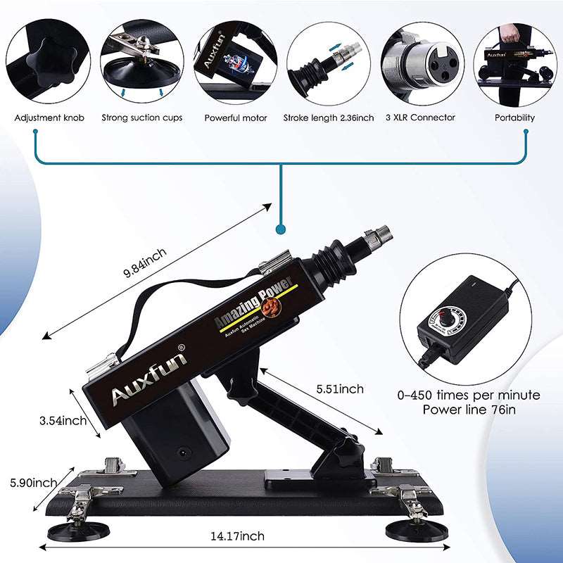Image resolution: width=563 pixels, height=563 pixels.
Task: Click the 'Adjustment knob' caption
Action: (49, 118)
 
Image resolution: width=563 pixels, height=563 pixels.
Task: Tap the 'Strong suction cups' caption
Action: (141, 118)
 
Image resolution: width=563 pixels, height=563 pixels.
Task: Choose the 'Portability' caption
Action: (515, 118)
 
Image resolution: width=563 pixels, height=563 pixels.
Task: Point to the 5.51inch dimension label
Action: (340, 389)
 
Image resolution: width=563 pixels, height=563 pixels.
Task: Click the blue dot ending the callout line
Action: (281, 229)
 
